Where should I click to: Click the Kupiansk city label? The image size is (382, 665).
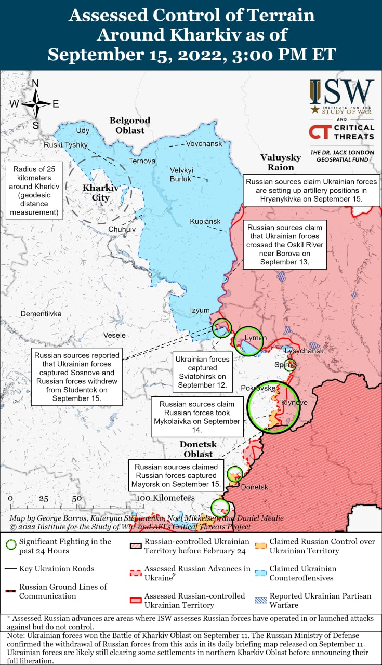205,221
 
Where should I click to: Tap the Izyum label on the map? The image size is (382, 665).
200,310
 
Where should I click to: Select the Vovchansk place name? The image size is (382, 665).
204,143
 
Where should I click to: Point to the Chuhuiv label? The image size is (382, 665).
122,229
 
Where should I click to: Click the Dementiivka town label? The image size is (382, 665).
41,314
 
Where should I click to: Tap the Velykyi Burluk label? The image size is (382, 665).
181,175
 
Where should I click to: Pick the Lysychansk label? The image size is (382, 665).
304,351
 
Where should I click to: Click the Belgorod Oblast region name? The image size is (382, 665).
129,125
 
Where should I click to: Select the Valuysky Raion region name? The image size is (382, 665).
281,162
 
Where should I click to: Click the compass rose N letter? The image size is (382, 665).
35,83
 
